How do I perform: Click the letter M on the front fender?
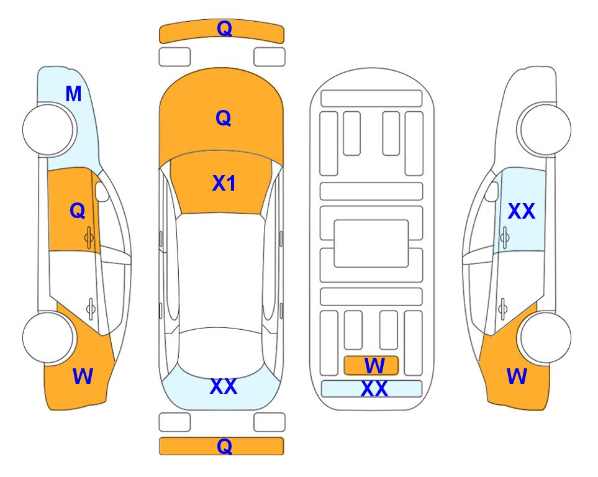(74, 94)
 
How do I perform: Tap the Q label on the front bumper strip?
(224, 28)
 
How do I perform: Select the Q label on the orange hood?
(224, 118)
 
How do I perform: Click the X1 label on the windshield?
(224, 183)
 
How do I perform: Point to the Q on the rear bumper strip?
(224, 446)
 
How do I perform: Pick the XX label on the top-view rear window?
(224, 386)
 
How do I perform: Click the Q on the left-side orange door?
(78, 211)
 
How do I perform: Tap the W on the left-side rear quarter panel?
(83, 376)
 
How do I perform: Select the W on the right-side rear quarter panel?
(517, 376)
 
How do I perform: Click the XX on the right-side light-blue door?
(522, 211)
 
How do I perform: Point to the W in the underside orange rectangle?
(374, 366)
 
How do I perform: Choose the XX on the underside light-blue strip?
(374, 389)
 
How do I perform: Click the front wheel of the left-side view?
(48, 130)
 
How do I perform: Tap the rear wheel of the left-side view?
(48, 337)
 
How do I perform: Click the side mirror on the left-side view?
(101, 191)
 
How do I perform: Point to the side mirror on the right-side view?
(492, 191)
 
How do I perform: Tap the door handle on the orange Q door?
(89, 237)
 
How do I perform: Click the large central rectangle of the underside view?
(371, 243)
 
